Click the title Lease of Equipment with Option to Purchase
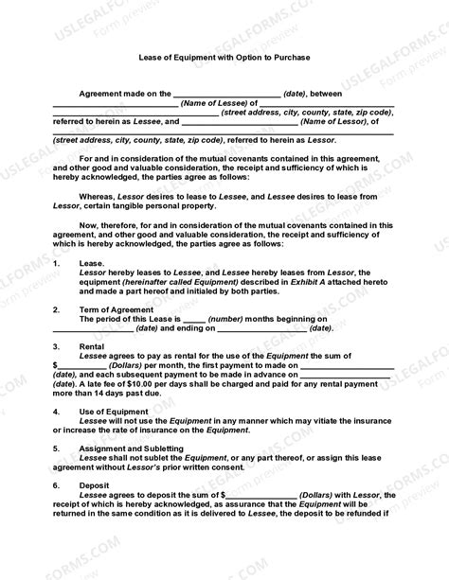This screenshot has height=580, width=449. click(224, 57)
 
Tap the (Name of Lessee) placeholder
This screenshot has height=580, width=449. click(214, 102)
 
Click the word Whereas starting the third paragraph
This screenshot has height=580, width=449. click(99, 196)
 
